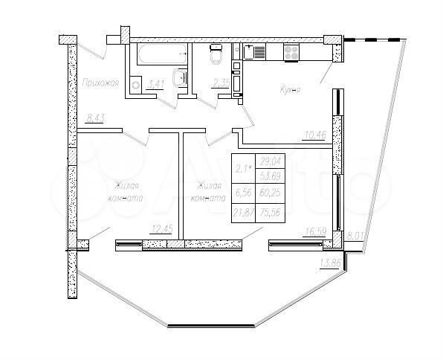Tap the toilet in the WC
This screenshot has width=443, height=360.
(216, 55)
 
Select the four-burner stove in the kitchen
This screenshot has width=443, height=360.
(291, 52)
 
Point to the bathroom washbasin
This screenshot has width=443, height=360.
(181, 78)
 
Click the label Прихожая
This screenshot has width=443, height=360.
(102, 83)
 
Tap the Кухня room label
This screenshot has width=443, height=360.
(289, 90)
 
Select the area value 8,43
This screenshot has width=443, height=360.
(96, 117)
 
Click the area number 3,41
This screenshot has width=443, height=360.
(156, 85)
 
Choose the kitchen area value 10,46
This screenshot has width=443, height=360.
(315, 134)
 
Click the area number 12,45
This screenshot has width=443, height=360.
(161, 228)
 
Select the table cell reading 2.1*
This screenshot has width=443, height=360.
(243, 169)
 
